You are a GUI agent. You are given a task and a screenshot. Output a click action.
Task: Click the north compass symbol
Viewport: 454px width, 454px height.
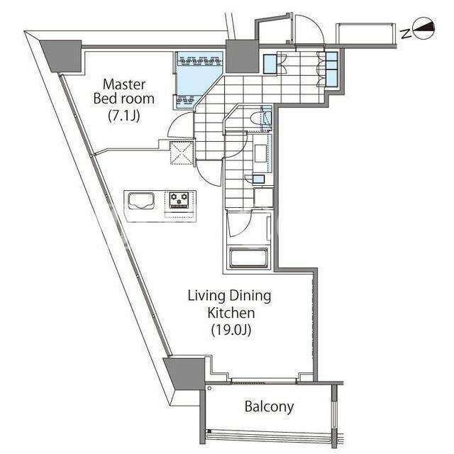pyautogui.click(x=425, y=28)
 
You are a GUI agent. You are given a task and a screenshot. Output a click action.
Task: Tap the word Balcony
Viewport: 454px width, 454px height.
pyautogui.click(x=269, y=406)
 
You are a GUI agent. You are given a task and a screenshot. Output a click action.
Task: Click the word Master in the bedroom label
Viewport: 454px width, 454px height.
pyautogui.click(x=124, y=84)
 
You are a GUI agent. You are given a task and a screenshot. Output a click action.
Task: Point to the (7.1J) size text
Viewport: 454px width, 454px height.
pyautogui.click(x=124, y=116)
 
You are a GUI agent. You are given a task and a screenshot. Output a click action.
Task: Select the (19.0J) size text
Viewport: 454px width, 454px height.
pyautogui.click(x=231, y=329)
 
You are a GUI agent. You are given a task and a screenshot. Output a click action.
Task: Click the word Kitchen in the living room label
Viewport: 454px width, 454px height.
pyautogui.click(x=231, y=313)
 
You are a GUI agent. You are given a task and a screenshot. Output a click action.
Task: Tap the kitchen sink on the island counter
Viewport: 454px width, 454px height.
pyautogui.click(x=141, y=201)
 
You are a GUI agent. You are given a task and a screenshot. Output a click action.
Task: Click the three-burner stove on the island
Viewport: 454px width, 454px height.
pyautogui.click(x=179, y=200)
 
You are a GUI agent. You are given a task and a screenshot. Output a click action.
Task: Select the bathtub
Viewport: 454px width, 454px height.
pyautogui.click(x=249, y=257)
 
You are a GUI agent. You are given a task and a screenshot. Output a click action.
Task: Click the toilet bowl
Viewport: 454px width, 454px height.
pyautogui.click(x=256, y=118)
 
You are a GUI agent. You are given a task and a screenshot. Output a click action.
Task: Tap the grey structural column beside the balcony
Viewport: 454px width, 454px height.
pyautogui.click(x=184, y=374)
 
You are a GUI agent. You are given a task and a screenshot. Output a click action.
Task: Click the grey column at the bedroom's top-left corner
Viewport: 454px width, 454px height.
pyautogui.click(x=61, y=56)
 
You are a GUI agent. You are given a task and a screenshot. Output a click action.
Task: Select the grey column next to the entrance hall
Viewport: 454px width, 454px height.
pyautogui.click(x=242, y=57)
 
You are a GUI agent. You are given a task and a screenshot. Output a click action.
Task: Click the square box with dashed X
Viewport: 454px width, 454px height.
pyautogui.click(x=182, y=153)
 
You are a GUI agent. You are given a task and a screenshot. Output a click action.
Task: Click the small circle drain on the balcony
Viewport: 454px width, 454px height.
pyautogui.click(x=209, y=388)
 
